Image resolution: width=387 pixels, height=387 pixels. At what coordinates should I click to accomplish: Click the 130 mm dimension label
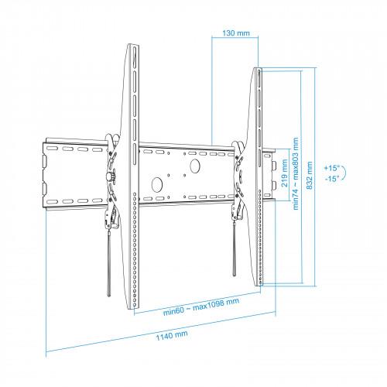(236, 33)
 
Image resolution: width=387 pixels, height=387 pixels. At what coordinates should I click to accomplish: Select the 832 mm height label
(310, 175)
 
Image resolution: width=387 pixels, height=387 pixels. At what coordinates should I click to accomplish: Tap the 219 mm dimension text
(284, 173)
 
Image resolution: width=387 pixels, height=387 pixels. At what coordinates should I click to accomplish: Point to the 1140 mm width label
(172, 336)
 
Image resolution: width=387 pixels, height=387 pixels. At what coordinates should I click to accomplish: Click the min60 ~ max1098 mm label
(201, 307)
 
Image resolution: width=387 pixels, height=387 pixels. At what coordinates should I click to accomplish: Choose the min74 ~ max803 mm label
(296, 173)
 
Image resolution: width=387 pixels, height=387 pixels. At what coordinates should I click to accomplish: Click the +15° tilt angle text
(331, 168)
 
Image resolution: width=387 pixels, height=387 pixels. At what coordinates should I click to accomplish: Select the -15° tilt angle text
(331, 179)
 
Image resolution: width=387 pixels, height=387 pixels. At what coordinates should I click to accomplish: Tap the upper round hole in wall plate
(194, 166)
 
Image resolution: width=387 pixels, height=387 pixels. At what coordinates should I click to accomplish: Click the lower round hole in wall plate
(156, 184)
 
